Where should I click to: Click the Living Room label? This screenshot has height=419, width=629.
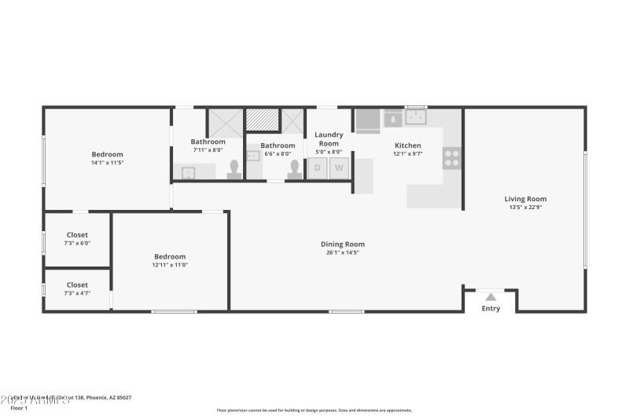pos(525,199)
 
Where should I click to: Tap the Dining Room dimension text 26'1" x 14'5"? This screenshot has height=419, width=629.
pos(342,252)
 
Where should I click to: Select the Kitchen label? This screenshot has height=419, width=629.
pos(407,145)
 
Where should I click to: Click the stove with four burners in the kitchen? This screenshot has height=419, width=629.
pos(452,157)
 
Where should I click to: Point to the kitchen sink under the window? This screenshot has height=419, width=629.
pos(416,119)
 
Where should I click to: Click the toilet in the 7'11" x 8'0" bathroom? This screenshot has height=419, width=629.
pos(234,170)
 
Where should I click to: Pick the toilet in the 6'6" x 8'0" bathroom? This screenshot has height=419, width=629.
pos(295,170)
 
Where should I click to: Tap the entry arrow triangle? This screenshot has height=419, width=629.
pos(491,297)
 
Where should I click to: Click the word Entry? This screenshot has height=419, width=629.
pos(491,309)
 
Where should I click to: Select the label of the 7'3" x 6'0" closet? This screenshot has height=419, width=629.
pos(77,235)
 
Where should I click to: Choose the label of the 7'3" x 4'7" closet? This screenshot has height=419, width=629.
pos(77,285)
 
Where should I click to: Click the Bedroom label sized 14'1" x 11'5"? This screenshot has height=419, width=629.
pos(107,155)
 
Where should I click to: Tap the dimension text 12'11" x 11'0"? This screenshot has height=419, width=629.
pos(170,265)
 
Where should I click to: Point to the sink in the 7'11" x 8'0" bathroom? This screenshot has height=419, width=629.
pos(189,172)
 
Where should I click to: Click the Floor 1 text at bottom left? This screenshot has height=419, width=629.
pos(19,408)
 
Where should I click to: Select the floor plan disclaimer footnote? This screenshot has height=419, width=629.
pos(314,410)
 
